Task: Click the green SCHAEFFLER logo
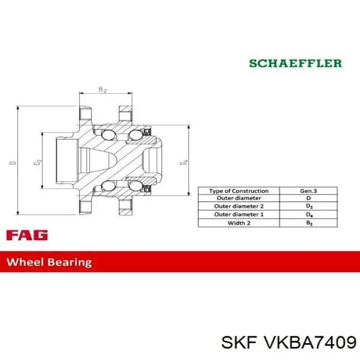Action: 295,63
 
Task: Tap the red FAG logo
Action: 27,236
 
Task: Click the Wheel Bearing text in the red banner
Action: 49,262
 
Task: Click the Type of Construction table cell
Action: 239,191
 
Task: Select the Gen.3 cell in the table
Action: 308,191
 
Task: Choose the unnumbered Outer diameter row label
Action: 239,199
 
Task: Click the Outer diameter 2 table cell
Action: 239,207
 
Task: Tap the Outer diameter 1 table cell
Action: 239,214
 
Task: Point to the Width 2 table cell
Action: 239,223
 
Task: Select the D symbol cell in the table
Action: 308,199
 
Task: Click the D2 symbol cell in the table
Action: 308,207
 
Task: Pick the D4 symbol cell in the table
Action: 308,214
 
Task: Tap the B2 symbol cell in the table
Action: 308,223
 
